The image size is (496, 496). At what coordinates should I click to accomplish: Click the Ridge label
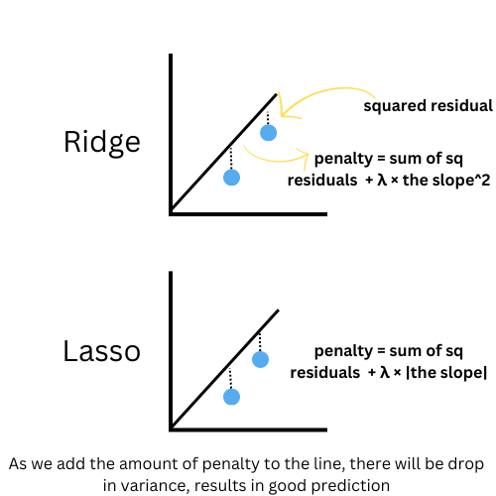(x=101, y=142)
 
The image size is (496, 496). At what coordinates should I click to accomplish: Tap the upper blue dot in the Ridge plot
(x=268, y=132)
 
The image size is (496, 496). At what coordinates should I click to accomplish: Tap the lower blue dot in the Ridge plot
(x=232, y=178)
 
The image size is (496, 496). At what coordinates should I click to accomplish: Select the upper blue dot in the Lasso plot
(x=260, y=358)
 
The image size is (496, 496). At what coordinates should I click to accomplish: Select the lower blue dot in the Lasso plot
(x=231, y=397)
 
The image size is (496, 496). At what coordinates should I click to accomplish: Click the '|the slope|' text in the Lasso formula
(x=437, y=372)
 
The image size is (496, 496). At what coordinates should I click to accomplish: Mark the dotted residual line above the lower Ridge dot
(x=232, y=159)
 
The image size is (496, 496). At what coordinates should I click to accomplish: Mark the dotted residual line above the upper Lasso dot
(x=260, y=340)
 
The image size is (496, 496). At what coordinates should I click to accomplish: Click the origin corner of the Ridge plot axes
(x=173, y=211)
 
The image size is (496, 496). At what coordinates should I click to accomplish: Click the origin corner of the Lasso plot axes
(x=173, y=428)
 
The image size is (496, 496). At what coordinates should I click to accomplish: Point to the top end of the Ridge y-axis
(x=172, y=57)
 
